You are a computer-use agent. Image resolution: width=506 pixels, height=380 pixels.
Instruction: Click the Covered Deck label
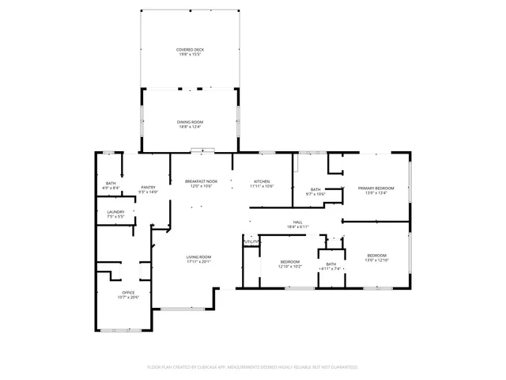point(189,50)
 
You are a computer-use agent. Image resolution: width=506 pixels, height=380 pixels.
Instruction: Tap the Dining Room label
point(189,122)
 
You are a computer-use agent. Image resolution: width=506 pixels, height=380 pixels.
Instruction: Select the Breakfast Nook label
point(201,181)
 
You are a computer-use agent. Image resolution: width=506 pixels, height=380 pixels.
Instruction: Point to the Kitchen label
point(262,181)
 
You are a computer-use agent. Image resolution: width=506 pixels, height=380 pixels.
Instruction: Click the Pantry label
point(148,187)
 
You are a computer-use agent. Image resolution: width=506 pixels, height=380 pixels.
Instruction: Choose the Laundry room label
point(115,211)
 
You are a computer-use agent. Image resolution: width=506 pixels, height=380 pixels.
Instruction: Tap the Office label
point(128,292)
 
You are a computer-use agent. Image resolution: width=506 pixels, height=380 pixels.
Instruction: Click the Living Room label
point(198,257)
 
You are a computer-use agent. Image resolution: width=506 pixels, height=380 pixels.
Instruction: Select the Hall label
point(298,222)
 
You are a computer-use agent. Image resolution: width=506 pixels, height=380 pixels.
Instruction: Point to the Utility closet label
point(251,241)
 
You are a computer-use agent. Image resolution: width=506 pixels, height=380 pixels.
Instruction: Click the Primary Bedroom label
point(376,188)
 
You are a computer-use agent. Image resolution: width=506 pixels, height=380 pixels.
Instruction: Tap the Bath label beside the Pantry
point(111,184)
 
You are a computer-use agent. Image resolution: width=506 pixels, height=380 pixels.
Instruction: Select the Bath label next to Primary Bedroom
point(315,189)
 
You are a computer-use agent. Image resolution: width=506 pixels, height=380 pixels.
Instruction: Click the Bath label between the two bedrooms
point(330,264)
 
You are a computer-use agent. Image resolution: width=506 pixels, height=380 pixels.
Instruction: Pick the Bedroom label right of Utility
point(290,261)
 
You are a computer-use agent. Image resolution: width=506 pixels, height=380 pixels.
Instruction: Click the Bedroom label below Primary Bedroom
point(377,255)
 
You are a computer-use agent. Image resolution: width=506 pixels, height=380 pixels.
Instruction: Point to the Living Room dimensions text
point(198,262)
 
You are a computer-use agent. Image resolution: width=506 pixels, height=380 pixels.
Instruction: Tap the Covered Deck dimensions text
point(189,55)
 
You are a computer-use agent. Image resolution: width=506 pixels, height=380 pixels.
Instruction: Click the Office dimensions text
point(128,297)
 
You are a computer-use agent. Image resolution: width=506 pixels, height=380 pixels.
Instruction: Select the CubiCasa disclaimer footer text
point(253,367)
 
